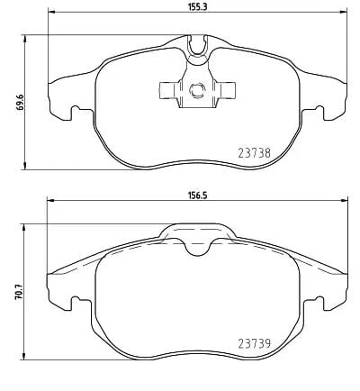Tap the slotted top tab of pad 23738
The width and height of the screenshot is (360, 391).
pyautogui.click(x=198, y=41)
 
